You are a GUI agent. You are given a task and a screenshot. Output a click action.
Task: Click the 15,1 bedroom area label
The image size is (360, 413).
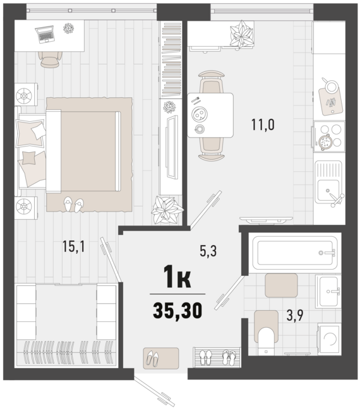(x=73, y=247)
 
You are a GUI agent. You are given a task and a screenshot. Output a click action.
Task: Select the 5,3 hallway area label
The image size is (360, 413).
(x=208, y=251)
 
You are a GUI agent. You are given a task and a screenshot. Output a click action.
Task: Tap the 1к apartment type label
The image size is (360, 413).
(x=177, y=276)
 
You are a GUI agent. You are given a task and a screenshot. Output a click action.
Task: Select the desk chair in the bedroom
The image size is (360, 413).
(x=51, y=58)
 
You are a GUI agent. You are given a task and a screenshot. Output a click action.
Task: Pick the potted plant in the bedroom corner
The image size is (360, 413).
(x=168, y=209)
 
